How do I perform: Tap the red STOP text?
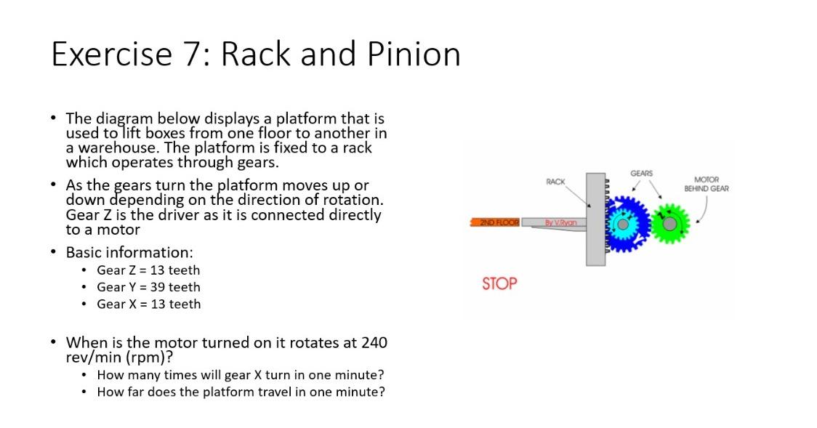pyautogui.click(x=499, y=283)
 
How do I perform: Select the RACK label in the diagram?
pyautogui.click(x=556, y=181)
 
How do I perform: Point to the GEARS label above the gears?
pyautogui.click(x=641, y=173)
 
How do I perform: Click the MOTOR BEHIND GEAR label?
pyautogui.click(x=706, y=183)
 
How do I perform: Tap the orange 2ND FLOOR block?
pyautogui.click(x=496, y=221)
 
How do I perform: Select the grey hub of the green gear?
pyautogui.click(x=669, y=223)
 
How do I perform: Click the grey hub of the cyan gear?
pyautogui.click(x=622, y=224)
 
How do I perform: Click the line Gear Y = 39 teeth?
pyautogui.click(x=148, y=287)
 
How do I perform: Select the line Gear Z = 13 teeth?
pyautogui.click(x=148, y=270)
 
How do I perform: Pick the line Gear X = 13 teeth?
pyautogui.click(x=148, y=304)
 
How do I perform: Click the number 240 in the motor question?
pyautogui.click(x=374, y=342)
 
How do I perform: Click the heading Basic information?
pyautogui.click(x=129, y=252)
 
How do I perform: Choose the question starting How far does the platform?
pyautogui.click(x=241, y=392)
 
